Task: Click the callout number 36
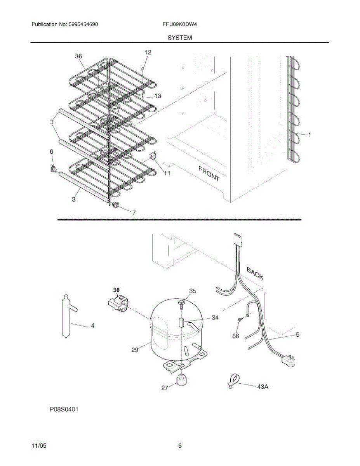coord(78,56)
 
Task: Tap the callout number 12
coord(148,52)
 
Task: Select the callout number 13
coord(158,96)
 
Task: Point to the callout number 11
coord(167,174)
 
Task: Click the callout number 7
coord(134,212)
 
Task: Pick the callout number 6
coord(51,152)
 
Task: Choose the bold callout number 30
coord(117,290)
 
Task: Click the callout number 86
coord(236,336)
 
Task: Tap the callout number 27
coord(164,388)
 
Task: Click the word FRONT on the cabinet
coord(209,174)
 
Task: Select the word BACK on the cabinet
coord(255,273)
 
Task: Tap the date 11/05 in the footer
coord(39,446)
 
